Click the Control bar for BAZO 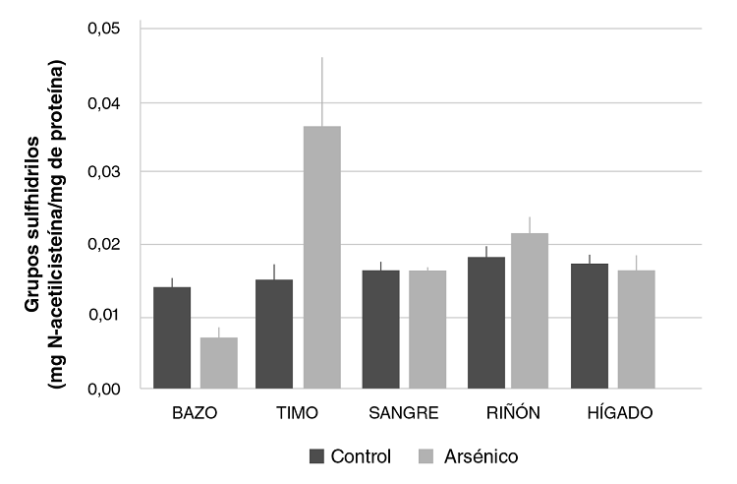pyautogui.click(x=171, y=338)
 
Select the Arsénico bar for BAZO pyautogui.click(x=219, y=363)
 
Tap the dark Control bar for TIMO pyautogui.click(x=274, y=334)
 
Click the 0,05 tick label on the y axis pyautogui.click(x=104, y=29)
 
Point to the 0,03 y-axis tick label pyautogui.click(x=104, y=172)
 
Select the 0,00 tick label pyautogui.click(x=104, y=390)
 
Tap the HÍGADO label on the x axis pyautogui.click(x=612, y=413)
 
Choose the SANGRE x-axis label pyautogui.click(x=404, y=413)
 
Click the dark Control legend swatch pyautogui.click(x=316, y=456)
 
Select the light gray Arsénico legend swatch pyautogui.click(x=425, y=456)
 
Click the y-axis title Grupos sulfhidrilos pyautogui.click(x=31, y=209)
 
